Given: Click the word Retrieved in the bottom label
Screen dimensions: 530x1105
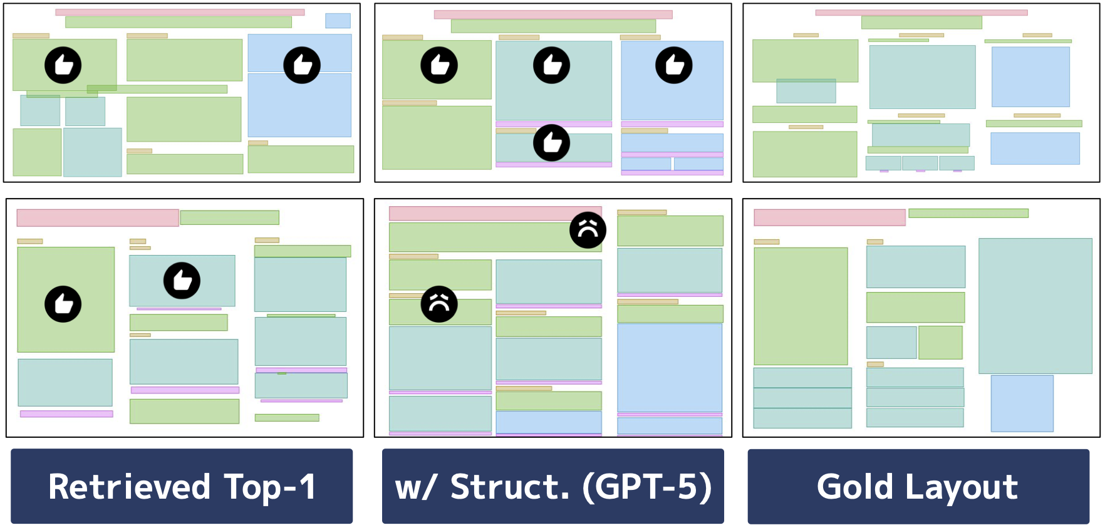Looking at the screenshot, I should coord(129,487).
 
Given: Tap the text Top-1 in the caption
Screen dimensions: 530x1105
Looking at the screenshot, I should coord(270,487).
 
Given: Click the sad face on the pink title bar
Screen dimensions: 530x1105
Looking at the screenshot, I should coord(588,230).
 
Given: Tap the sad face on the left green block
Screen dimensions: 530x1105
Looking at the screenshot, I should coord(439,304).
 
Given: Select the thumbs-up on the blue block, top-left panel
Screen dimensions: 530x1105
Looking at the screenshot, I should coord(302,65).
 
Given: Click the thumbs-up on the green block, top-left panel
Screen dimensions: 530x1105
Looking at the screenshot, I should coord(63,65).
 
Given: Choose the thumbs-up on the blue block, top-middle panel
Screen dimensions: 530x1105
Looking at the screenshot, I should coord(674,65).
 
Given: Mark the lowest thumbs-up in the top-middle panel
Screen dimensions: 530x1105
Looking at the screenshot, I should coord(552,143).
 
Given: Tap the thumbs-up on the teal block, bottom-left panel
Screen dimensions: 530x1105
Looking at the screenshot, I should coord(182,280).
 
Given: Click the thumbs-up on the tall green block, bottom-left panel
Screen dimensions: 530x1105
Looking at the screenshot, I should coord(63,304).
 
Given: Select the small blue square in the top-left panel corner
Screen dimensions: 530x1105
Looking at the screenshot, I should coord(338,21).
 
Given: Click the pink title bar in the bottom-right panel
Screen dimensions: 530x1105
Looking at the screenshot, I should coord(829,217).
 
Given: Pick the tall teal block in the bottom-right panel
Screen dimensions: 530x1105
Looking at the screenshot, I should coord(1035,306).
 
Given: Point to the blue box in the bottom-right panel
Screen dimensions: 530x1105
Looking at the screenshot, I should coord(1022,403).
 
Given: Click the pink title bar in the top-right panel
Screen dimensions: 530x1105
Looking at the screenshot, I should coord(921,13).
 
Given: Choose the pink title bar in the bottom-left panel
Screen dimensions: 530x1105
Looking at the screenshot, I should coord(97,217).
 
